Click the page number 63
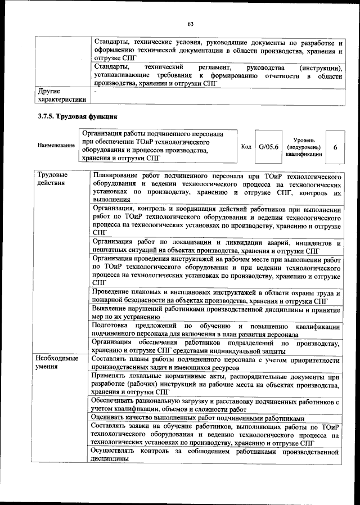click(x=191, y=24)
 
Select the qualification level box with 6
click(x=335, y=147)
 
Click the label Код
click(x=246, y=147)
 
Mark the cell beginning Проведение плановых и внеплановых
click(x=217, y=297)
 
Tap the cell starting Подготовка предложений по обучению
click(x=217, y=330)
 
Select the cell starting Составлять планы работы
click(x=217, y=363)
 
